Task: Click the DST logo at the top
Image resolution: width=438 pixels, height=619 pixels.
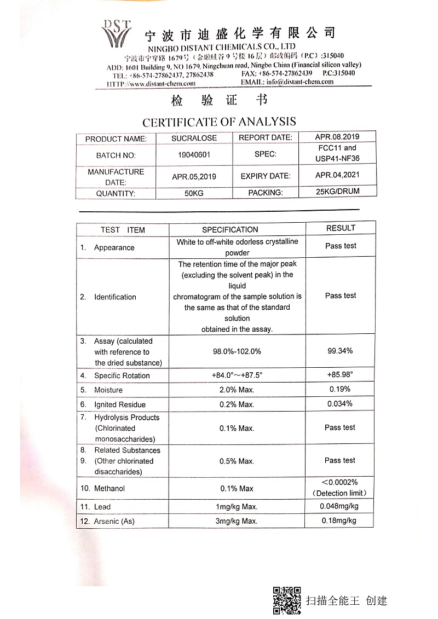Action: coord(116,34)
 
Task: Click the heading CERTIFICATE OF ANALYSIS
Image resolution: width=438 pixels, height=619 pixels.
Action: coord(219,122)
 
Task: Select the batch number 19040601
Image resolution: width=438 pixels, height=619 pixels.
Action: coord(194,155)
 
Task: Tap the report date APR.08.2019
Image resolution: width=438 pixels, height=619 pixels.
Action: coord(337,137)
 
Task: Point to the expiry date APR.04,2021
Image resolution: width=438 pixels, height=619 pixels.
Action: coord(337,175)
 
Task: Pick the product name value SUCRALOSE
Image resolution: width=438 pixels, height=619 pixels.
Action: coord(194,138)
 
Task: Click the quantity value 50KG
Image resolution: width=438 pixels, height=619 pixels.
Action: coord(194,193)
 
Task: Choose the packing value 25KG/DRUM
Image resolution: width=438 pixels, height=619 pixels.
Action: coord(337,192)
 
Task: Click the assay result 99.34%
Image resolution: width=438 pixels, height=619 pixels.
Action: coord(340,351)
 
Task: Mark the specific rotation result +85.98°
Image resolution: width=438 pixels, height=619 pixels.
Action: coord(340,375)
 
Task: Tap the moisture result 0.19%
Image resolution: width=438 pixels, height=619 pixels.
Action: coord(340,389)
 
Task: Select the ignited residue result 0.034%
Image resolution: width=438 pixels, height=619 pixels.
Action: coord(340,404)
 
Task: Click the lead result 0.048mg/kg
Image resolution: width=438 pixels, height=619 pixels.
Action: coord(339,506)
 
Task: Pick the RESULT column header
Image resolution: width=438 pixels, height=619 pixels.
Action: coord(341,228)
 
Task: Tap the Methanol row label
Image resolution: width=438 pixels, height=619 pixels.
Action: coord(109,488)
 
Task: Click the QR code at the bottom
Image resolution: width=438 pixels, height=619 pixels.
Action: coord(287,600)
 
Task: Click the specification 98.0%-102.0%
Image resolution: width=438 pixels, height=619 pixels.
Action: coord(237,351)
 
